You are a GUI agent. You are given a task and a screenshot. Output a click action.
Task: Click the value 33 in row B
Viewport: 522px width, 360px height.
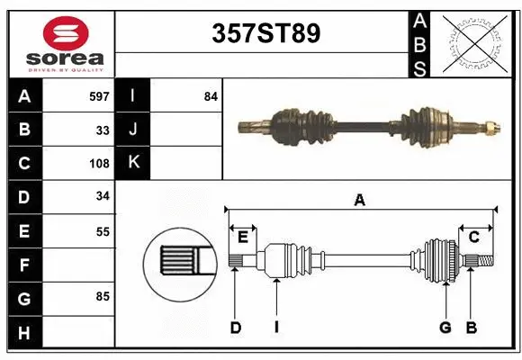click(103, 130)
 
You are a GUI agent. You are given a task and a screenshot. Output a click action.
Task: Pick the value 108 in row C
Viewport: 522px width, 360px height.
click(99, 164)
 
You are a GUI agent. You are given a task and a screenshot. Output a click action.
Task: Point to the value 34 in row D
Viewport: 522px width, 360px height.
click(103, 196)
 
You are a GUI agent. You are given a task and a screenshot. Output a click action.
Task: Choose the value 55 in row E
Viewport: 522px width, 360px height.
click(103, 231)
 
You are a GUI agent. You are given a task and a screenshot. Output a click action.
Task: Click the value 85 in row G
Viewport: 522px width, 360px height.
click(103, 296)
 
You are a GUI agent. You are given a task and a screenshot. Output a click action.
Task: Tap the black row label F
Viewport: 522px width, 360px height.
click(24, 265)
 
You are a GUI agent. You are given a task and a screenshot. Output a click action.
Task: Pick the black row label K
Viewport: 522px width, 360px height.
click(133, 163)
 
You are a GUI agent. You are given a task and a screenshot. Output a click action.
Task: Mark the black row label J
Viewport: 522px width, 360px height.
click(133, 130)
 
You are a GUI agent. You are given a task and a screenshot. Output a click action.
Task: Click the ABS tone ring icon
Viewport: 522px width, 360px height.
click(474, 43)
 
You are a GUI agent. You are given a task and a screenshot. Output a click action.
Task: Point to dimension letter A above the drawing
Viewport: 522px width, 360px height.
click(360, 200)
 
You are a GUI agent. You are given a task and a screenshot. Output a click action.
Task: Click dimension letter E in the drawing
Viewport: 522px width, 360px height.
click(242, 238)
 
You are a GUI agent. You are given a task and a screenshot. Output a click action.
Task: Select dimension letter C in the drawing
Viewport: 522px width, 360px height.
click(473, 238)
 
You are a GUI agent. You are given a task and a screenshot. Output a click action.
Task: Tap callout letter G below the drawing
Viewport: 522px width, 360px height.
click(445, 328)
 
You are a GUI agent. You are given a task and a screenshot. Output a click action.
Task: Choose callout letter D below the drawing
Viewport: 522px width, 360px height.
click(235, 328)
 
